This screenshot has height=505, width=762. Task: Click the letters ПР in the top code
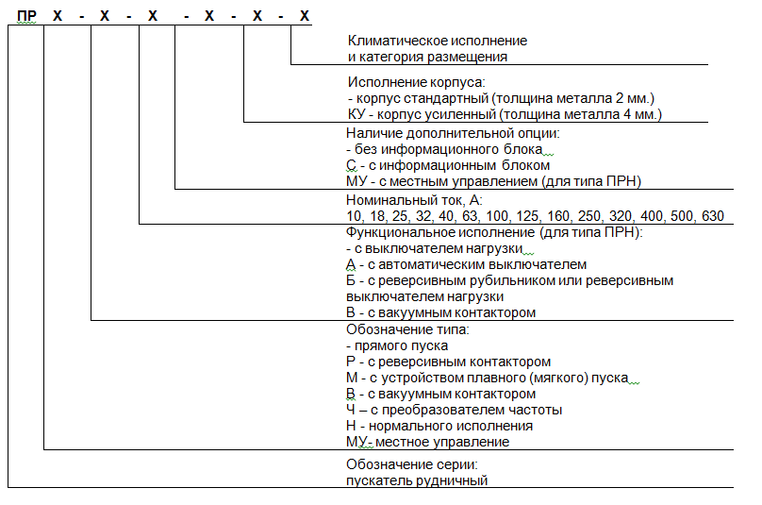click(x=28, y=16)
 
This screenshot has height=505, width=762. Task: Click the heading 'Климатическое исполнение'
click(x=438, y=42)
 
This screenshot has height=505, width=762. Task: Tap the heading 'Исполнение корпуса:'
click(x=415, y=83)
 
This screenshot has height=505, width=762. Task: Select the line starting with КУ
click(x=505, y=114)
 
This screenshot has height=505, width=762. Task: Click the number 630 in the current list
click(x=712, y=216)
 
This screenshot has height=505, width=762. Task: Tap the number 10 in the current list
click(x=355, y=216)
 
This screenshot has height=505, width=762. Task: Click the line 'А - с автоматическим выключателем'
click(x=466, y=265)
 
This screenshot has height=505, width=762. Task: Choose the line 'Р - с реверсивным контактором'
click(x=448, y=362)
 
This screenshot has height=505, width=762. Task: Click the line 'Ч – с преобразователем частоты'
click(x=454, y=410)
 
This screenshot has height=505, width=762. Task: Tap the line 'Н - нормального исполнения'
click(x=440, y=426)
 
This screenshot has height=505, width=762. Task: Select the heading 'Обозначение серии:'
click(x=412, y=464)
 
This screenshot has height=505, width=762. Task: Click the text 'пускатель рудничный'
click(x=417, y=480)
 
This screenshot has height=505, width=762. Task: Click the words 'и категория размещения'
click(x=427, y=58)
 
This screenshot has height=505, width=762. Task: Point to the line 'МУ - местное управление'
click(x=427, y=442)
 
